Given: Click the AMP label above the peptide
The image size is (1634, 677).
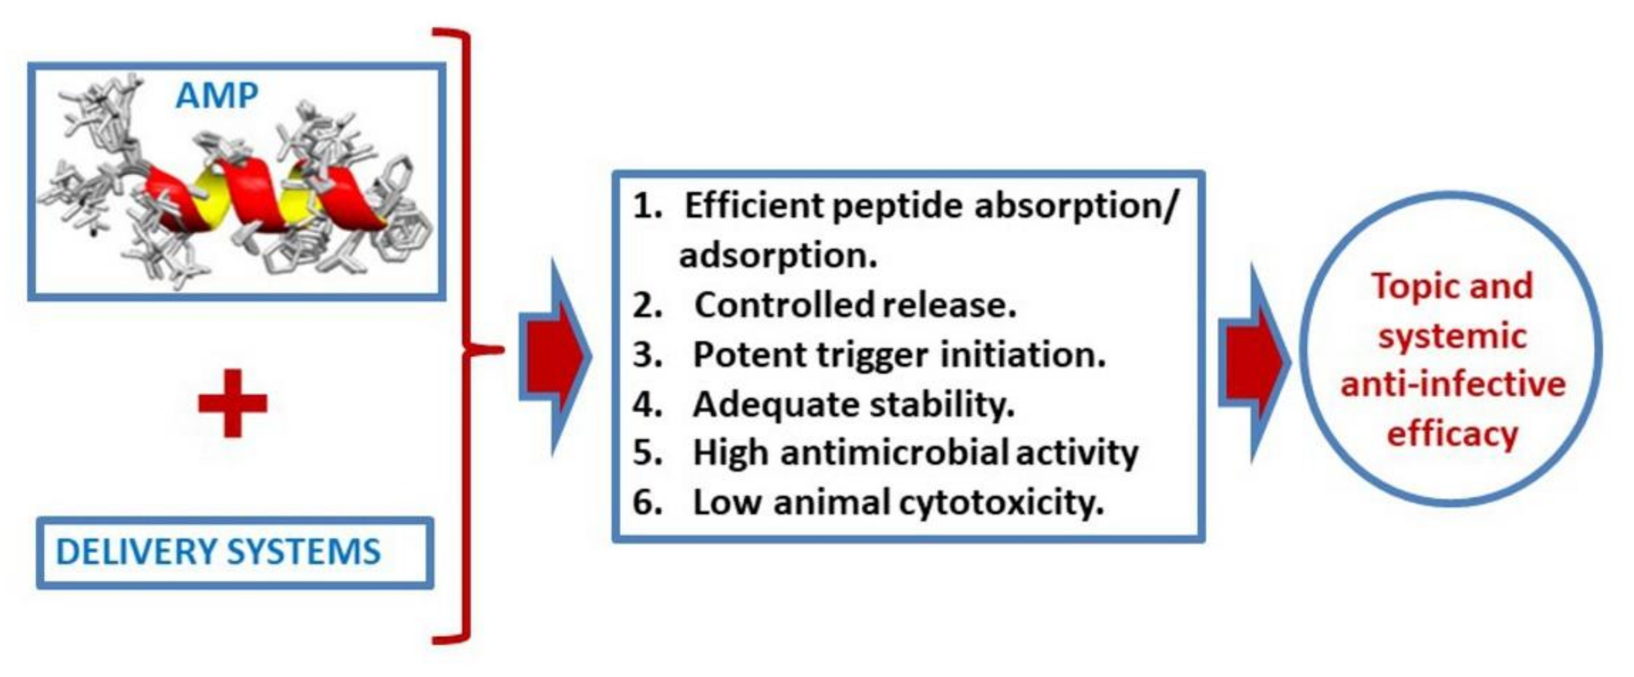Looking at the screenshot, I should point(217,96).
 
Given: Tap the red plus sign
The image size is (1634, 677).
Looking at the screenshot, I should point(233,404).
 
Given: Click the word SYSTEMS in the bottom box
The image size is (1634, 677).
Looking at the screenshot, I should point(303,551).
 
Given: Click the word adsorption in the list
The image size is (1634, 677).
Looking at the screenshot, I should point(778,255).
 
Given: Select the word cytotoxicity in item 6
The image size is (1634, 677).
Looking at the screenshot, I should point(1002,502).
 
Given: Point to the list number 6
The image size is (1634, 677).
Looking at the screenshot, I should point(647,502).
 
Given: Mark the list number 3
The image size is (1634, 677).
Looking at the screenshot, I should point(647,354).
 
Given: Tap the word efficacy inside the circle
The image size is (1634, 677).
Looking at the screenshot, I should point(1452,434).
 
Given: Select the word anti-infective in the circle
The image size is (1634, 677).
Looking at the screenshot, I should point(1453,384).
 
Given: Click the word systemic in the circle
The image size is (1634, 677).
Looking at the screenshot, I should point(1452,336).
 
